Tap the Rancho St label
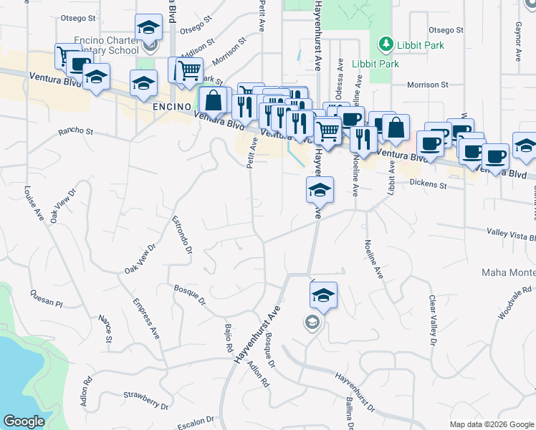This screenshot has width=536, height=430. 76,132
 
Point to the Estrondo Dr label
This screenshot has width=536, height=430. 182,234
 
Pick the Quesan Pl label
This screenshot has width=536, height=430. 47,298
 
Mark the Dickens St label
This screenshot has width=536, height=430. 429,185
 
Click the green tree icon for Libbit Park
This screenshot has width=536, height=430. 386,44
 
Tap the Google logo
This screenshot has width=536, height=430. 24,421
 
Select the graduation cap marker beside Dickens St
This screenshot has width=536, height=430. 319,190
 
